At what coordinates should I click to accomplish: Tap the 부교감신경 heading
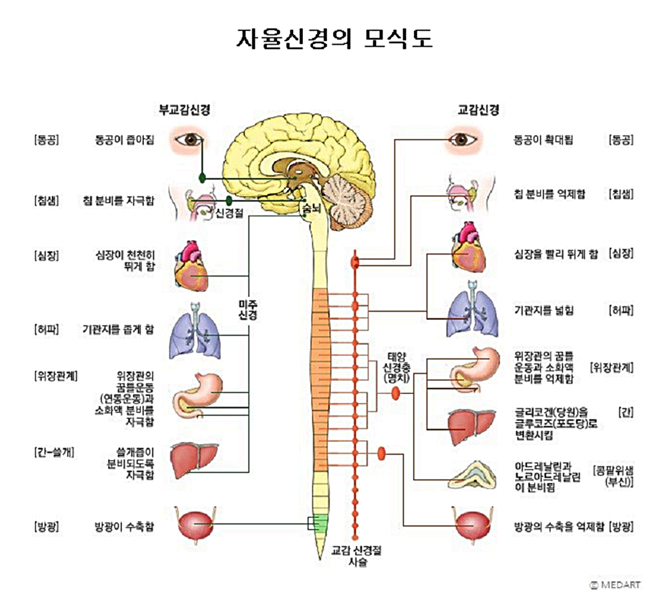click(184, 109)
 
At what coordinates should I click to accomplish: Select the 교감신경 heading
click(478, 109)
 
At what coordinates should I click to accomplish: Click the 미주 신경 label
click(248, 310)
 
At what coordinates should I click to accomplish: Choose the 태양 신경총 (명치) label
click(396, 367)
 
